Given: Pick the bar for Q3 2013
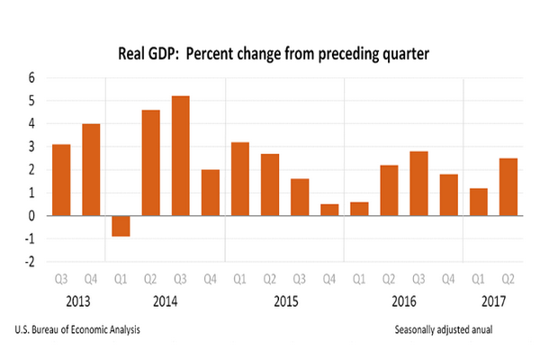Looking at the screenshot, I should [61, 180].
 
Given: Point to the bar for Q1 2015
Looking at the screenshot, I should [239, 179].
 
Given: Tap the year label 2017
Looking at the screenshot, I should [492, 301].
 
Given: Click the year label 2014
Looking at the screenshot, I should [166, 301].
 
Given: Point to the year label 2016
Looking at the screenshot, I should [403, 301].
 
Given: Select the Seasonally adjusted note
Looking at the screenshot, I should [455, 330].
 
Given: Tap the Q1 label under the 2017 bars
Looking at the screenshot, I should [478, 280].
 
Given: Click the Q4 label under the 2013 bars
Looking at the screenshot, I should [91, 280].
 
